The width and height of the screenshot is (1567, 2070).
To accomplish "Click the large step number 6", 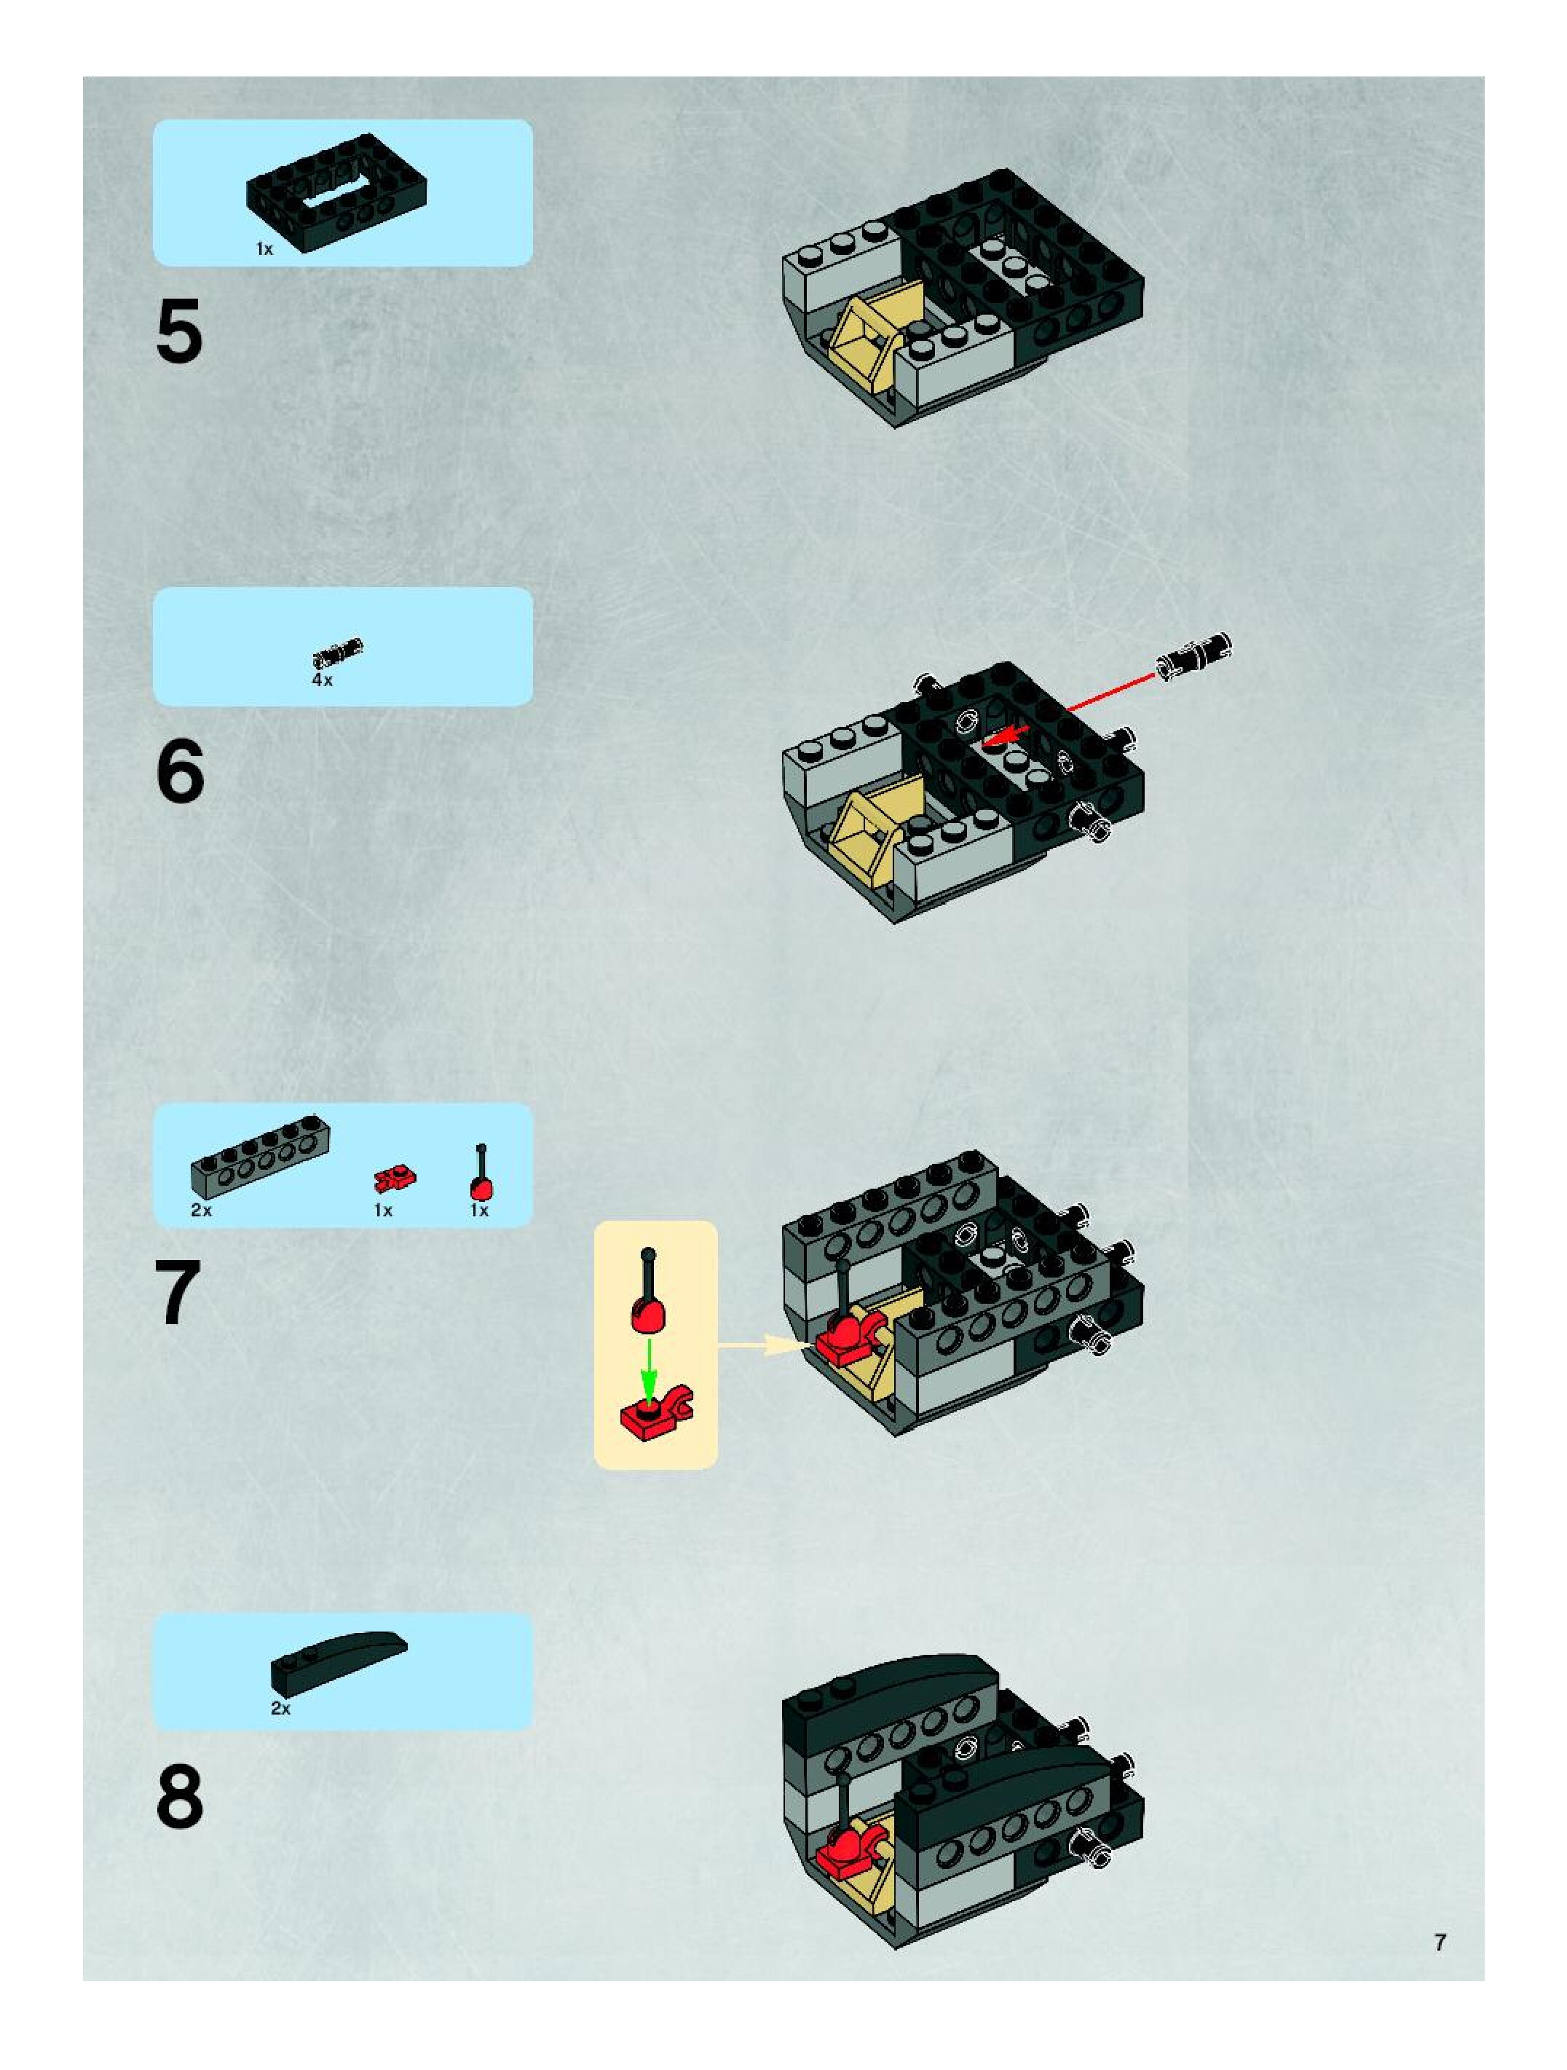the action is [180, 771].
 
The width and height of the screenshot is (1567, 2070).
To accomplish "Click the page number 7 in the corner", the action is [1440, 1943].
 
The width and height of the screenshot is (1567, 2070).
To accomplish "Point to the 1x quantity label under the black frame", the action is [265, 249].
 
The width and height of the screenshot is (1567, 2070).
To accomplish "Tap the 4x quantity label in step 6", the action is [322, 680].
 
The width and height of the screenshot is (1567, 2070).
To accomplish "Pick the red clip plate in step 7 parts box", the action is [395, 1179].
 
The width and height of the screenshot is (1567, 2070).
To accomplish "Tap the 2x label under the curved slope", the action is [280, 1708].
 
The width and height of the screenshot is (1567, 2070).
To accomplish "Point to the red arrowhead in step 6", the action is [998, 736].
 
